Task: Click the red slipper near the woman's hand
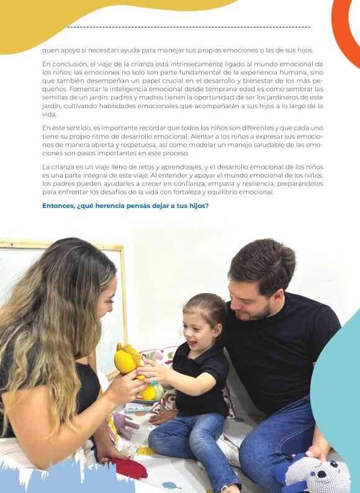(x=129, y=468)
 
